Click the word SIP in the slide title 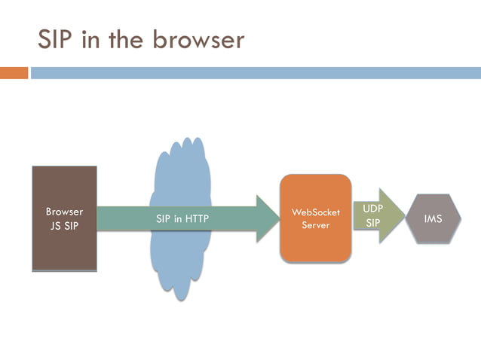click(x=57, y=38)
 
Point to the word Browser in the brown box click(x=64, y=212)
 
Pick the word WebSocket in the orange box click(x=315, y=212)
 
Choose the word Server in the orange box click(x=315, y=225)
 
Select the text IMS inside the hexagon click(x=433, y=219)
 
